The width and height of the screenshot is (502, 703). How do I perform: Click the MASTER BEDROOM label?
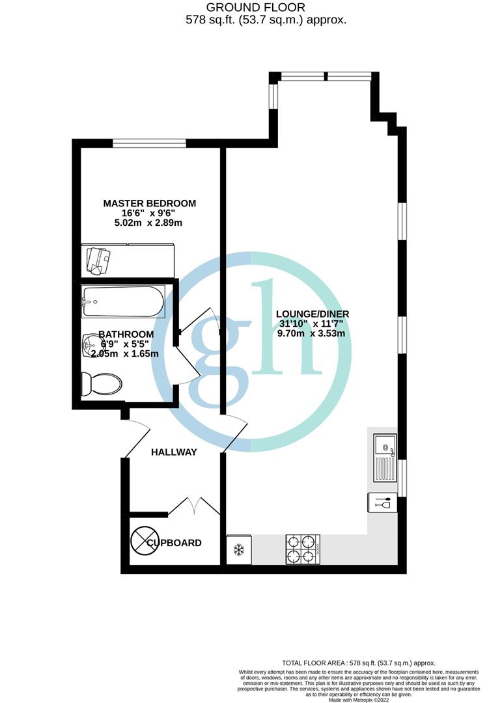[149, 203]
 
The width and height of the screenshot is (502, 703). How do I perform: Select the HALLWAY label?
[174, 452]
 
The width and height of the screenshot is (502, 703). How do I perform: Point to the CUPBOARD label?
[174, 542]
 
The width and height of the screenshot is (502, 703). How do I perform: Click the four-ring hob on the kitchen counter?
[302, 549]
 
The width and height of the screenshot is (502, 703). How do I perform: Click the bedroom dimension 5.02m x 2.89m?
[149, 223]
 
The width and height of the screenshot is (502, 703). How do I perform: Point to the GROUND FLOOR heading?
[238, 7]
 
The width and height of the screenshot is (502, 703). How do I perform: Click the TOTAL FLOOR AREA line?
[357, 663]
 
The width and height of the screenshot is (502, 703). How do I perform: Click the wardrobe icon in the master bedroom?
[98, 259]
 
